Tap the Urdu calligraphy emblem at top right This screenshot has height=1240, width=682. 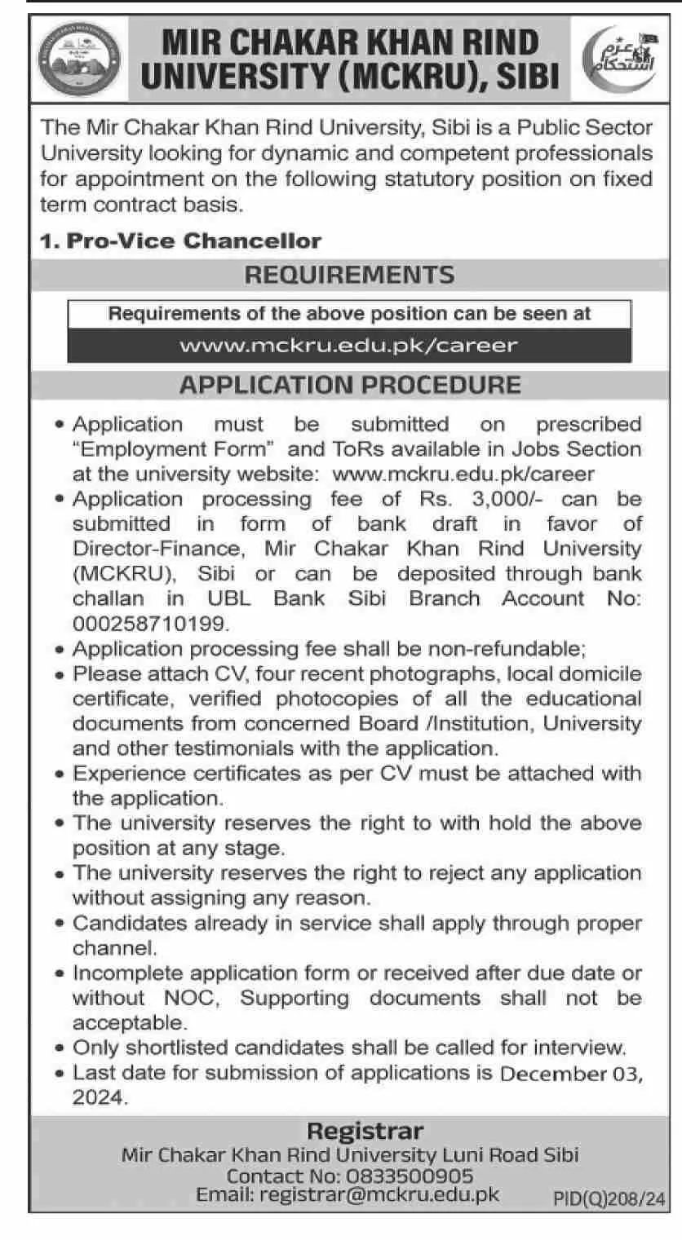pyautogui.click(x=615, y=61)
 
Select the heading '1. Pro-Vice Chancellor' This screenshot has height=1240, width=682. pyautogui.click(x=181, y=241)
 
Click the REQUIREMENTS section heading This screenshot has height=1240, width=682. pyautogui.click(x=350, y=275)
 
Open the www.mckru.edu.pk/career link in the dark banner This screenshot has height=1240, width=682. pyautogui.click(x=349, y=345)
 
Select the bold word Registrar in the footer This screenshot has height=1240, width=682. pyautogui.click(x=365, y=1132)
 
